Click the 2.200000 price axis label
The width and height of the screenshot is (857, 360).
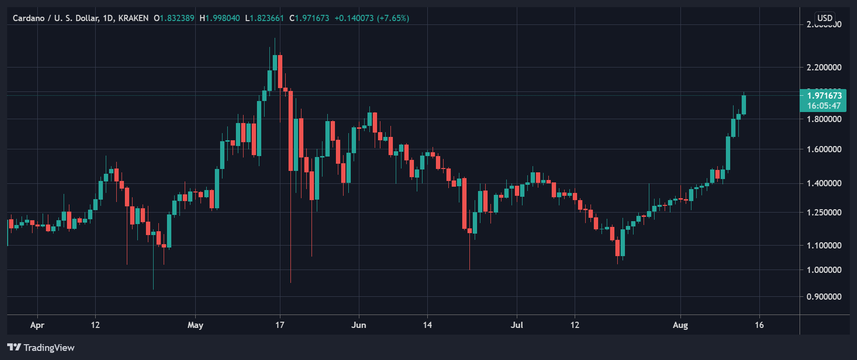coord(824,67)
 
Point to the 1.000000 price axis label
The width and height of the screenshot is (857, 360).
coord(824,270)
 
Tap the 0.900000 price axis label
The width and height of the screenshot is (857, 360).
coord(824,297)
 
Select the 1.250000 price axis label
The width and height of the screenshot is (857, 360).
coord(824,213)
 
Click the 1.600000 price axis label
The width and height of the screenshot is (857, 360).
coord(824,149)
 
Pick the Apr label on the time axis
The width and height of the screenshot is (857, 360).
coord(37,325)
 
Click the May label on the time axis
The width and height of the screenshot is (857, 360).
coord(195,325)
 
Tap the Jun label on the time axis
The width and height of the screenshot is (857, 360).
coord(358,325)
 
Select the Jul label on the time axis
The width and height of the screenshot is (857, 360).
coord(517,325)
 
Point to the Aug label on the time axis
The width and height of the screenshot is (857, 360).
coord(680,325)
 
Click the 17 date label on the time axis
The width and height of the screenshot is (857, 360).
coord(280,325)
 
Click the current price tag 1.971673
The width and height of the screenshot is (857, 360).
coord(824,96)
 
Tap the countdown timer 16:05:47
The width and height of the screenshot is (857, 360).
coord(824,106)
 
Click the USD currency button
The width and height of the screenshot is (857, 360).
coord(825,18)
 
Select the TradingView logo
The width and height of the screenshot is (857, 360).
coord(41,348)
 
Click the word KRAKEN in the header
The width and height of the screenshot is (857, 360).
coord(133,18)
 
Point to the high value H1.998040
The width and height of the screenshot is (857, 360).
coord(220,18)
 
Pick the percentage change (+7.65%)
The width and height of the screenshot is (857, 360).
coord(393,18)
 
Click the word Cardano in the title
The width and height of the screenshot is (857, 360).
coord(29,18)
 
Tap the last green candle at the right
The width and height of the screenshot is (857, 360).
coord(744,105)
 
